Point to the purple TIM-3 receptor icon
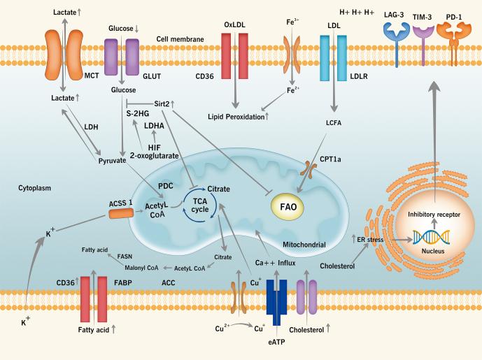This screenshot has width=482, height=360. pos(423,35)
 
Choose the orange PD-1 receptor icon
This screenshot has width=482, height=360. pos(452,35)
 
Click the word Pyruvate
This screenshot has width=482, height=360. pos(113,161)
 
